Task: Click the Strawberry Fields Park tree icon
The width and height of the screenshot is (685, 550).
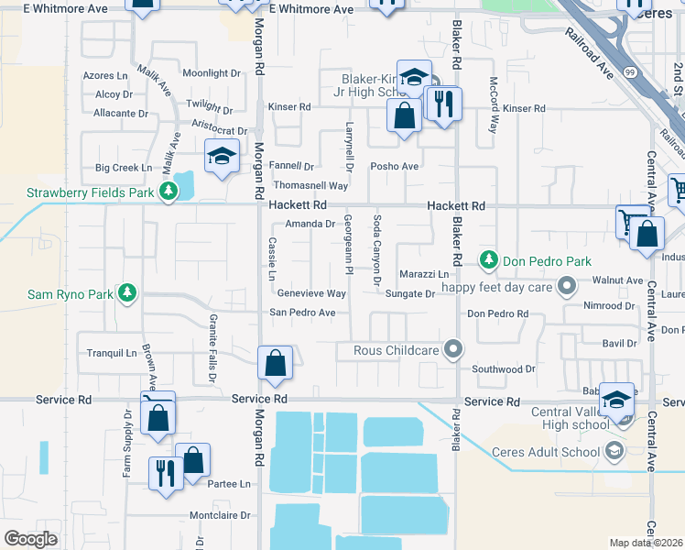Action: coord(168,192)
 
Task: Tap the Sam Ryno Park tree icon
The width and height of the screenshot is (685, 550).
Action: coord(128,292)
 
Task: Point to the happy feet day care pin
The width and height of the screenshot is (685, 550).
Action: coord(566,286)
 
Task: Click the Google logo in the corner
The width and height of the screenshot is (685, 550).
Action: coord(31,538)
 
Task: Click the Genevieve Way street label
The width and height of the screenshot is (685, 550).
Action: coord(311,294)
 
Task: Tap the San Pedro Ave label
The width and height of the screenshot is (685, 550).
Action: coord(302,313)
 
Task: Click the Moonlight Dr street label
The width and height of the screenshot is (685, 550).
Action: coord(211,73)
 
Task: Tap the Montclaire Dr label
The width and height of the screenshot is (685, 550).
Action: coord(219,516)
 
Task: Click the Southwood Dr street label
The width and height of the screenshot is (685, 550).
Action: coord(503,369)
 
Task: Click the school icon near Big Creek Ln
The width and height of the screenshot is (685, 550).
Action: coord(222,157)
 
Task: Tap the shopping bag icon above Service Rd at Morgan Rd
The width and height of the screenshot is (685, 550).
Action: coord(275,363)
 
